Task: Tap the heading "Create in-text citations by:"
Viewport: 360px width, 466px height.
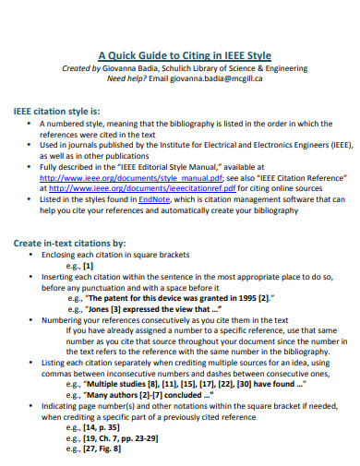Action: [x=75, y=243]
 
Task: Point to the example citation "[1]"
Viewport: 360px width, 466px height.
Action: [x=88, y=266]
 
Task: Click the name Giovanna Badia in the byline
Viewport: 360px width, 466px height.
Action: [x=139, y=67]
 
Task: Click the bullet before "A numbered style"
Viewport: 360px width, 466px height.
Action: [x=30, y=124]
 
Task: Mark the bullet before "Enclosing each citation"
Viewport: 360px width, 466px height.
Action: [x=30, y=254]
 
